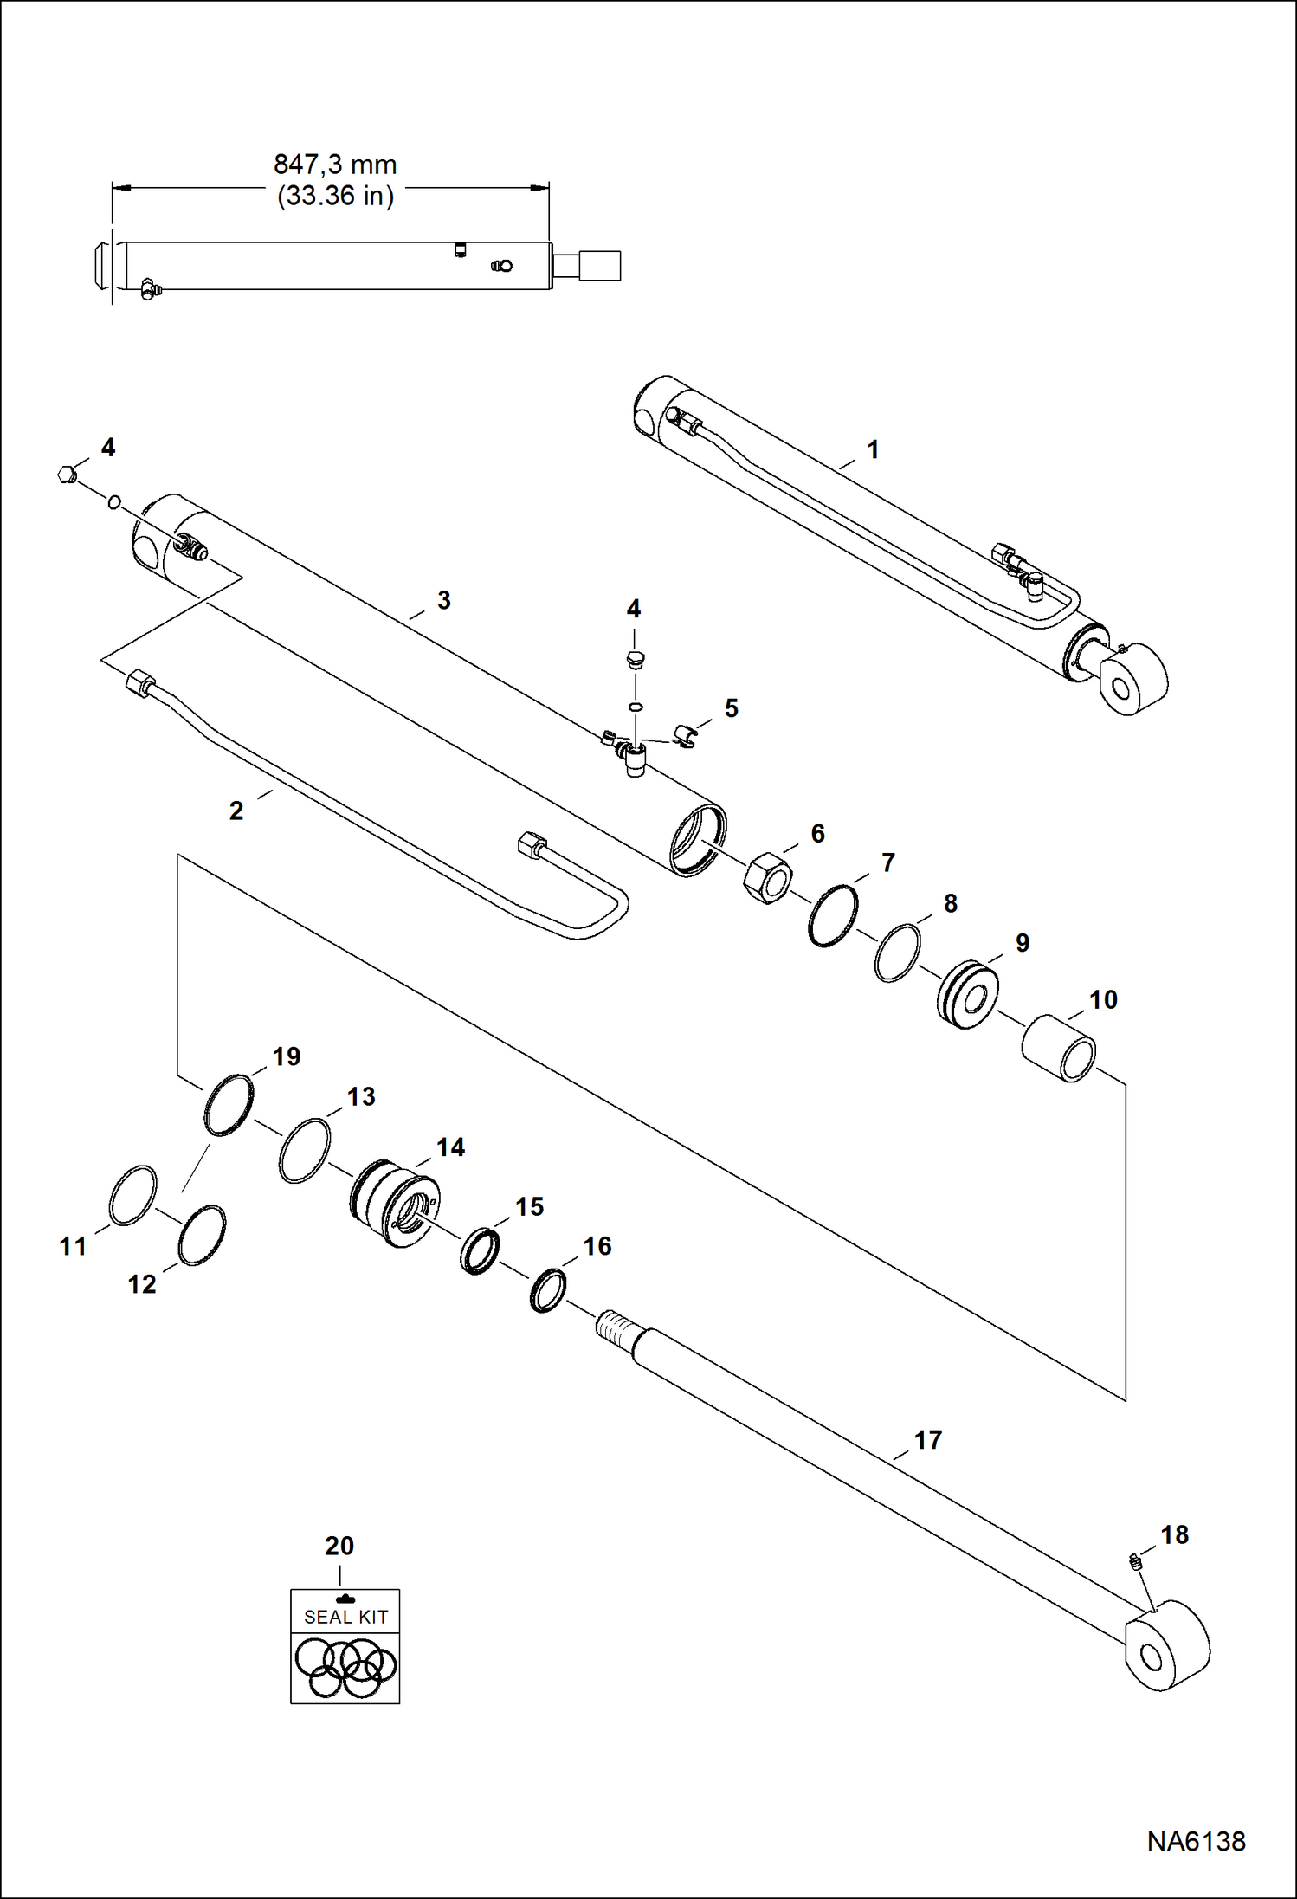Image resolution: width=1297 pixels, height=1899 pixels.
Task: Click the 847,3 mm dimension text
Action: point(335,165)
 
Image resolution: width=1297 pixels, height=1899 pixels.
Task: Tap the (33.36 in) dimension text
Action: point(335,196)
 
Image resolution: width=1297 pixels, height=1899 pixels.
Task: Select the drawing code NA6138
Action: point(1196,1841)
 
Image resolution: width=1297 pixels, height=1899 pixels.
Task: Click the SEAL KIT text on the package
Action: point(345,1617)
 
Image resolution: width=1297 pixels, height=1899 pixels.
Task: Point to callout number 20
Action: point(339,1546)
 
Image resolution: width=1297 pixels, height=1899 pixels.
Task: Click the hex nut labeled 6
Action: point(767,878)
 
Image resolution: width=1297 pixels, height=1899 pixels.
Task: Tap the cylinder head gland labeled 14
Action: point(395,1203)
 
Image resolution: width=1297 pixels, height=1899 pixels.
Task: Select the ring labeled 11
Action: point(133,1195)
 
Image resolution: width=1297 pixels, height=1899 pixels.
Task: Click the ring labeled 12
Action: point(202,1235)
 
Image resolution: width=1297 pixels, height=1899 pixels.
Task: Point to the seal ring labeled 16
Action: point(548,1290)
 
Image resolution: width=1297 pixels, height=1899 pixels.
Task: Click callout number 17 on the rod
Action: point(927,1440)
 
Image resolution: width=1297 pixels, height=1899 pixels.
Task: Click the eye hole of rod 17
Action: point(1152,1657)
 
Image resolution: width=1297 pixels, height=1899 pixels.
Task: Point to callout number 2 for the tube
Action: point(236,811)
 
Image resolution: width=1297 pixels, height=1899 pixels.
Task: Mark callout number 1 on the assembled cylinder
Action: point(873,449)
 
